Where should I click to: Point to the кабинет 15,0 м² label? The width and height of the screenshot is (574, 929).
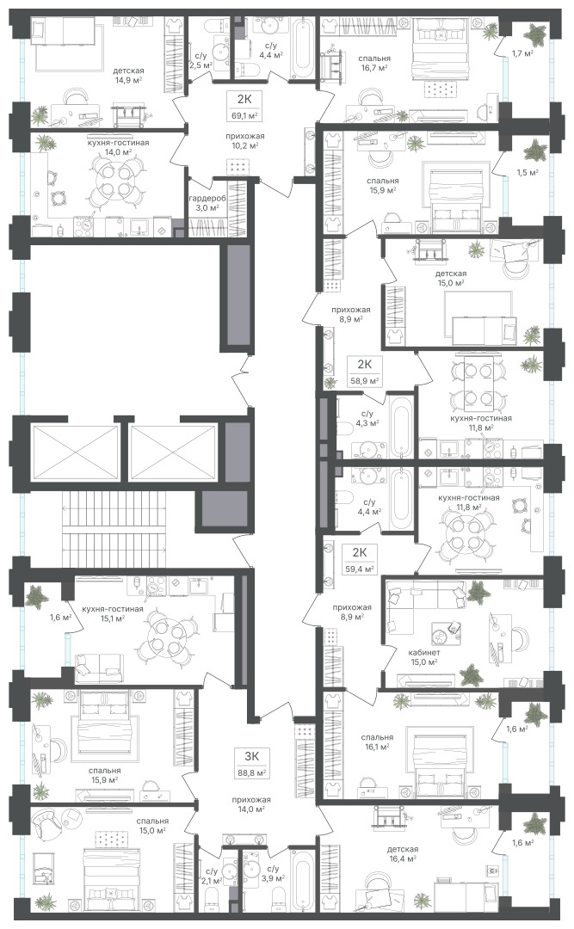coord(423,658)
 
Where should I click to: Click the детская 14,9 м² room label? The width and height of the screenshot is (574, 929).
coord(130,75)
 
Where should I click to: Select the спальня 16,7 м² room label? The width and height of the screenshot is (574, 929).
coord(374,64)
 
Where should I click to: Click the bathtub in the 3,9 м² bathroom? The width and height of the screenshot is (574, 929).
coord(302,881)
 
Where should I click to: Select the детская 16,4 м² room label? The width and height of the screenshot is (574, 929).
coord(403,853)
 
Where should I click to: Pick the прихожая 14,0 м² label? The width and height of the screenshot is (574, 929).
coord(251,804)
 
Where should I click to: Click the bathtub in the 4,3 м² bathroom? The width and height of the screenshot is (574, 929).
coord(401,428)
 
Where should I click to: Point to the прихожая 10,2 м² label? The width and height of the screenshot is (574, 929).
coord(245,140)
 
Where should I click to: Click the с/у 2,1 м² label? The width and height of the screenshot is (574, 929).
coord(211,876)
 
